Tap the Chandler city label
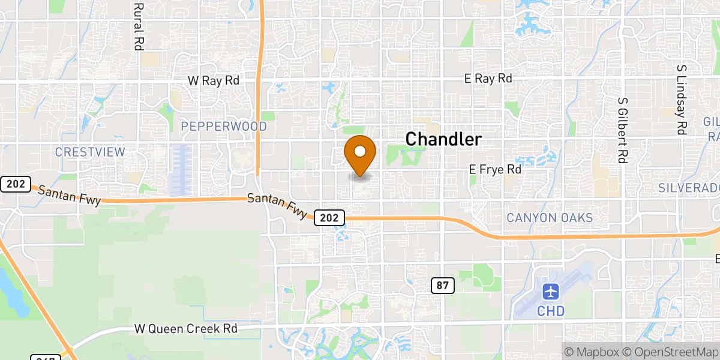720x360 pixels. pyautogui.click(x=443, y=139)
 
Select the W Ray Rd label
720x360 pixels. pyautogui.click(x=213, y=80)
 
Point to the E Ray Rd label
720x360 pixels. pyautogui.click(x=488, y=79)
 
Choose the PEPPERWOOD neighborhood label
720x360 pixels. pyautogui.click(x=223, y=127)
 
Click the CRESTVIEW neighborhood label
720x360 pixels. pyautogui.click(x=90, y=152)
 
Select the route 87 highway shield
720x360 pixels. pyautogui.click(x=442, y=286)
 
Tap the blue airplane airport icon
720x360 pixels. pyautogui.click(x=550, y=292)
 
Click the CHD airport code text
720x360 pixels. pyautogui.click(x=550, y=311)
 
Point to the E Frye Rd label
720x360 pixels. pyautogui.click(x=495, y=170)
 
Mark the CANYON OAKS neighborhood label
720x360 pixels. pyautogui.click(x=550, y=218)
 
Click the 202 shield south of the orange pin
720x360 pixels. pyautogui.click(x=329, y=218)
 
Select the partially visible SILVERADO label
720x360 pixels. pyautogui.click(x=689, y=188)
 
